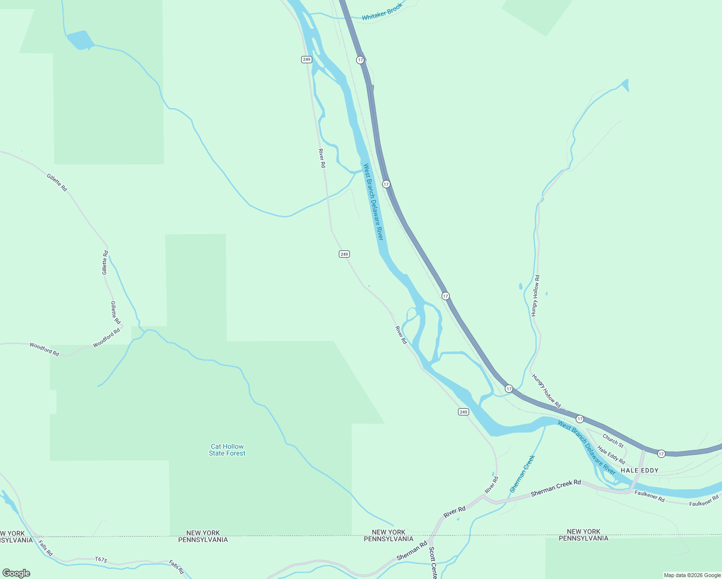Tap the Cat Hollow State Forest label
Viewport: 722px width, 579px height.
pyautogui.click(x=227, y=450)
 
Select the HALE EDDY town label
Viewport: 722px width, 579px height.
pyautogui.click(x=639, y=470)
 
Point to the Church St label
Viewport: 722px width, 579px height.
pyautogui.click(x=613, y=441)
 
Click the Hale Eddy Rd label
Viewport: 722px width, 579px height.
pyautogui.click(x=611, y=455)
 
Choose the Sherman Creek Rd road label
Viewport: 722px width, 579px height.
pyautogui.click(x=555, y=488)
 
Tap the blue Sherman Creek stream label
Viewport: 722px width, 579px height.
pyautogui.click(x=523, y=473)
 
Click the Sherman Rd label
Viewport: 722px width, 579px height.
pyautogui.click(x=412, y=551)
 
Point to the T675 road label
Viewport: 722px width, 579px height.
pyautogui.click(x=101, y=560)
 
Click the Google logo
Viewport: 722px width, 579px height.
pyautogui.click(x=16, y=573)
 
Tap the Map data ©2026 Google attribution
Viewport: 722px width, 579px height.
pyautogui.click(x=692, y=575)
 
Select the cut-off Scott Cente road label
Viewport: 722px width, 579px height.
pyautogui.click(x=433, y=563)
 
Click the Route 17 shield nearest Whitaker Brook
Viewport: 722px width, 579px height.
pyautogui.click(x=361, y=60)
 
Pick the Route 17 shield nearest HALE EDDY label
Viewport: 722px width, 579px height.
pyautogui.click(x=661, y=454)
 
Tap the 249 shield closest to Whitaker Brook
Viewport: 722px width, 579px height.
pyautogui.click(x=306, y=59)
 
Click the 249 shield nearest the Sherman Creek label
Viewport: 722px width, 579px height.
pyautogui.click(x=463, y=412)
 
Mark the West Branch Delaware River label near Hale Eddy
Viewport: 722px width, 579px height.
pyautogui.click(x=586, y=447)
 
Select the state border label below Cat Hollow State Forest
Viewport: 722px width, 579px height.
pyautogui.click(x=203, y=537)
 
